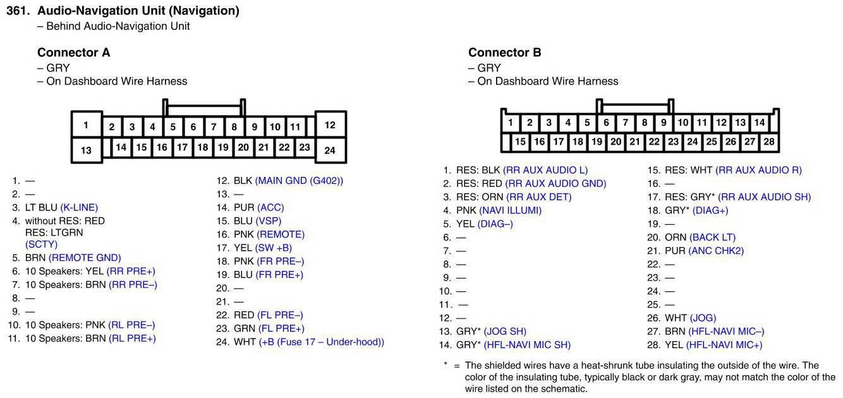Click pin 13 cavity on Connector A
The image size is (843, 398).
pos(86,150)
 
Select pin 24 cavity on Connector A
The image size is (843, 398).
pos(330,150)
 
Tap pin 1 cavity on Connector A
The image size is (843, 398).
pos(86,125)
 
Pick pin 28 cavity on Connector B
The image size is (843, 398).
pos(768,142)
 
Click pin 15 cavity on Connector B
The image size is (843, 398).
pos(520,142)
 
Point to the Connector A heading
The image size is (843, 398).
pos(73,52)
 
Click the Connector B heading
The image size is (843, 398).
pos(504,52)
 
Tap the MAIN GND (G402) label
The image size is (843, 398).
pos(300,181)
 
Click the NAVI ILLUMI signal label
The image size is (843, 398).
pos(510,210)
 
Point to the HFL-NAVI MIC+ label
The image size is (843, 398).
pos(724,345)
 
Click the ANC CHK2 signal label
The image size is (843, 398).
pos(716,251)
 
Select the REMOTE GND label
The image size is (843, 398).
pos(85,258)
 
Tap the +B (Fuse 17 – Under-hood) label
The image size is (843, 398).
pos(321,342)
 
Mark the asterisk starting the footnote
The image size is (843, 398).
pos(446,365)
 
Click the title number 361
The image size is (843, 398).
pos(18,11)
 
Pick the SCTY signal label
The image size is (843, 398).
pos(41,244)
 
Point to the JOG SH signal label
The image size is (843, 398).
pos(505,332)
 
